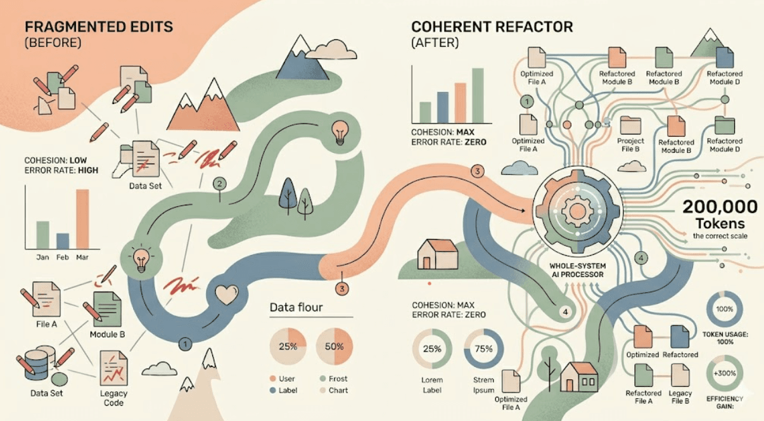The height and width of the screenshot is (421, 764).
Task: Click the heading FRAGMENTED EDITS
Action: (x=99, y=27)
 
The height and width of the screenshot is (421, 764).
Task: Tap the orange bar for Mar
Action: (x=82, y=219)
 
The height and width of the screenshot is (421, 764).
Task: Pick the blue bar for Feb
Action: (x=63, y=241)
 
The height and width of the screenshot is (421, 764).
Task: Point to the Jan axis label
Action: (x=42, y=257)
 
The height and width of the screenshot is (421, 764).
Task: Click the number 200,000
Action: (x=720, y=207)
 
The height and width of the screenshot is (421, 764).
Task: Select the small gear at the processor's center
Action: (x=577, y=211)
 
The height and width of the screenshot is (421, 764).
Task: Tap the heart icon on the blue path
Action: (x=226, y=294)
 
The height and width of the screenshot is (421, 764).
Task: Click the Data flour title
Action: (x=296, y=308)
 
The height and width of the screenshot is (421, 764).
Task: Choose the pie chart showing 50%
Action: (x=334, y=347)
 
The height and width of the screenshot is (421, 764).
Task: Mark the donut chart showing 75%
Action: (x=483, y=349)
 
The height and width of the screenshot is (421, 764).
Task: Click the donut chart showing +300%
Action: (x=725, y=373)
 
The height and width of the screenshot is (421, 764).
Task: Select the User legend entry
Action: (x=282, y=379)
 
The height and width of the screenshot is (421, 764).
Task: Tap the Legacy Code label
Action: (x=113, y=398)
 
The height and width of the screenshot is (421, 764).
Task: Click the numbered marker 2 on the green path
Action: (x=219, y=184)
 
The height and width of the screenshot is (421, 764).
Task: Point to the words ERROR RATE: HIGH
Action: (x=61, y=170)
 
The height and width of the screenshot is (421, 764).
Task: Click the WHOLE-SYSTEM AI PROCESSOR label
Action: (x=577, y=270)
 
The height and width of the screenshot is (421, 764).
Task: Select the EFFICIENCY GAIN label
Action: (x=725, y=403)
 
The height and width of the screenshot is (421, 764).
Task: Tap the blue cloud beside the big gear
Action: (x=520, y=168)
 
